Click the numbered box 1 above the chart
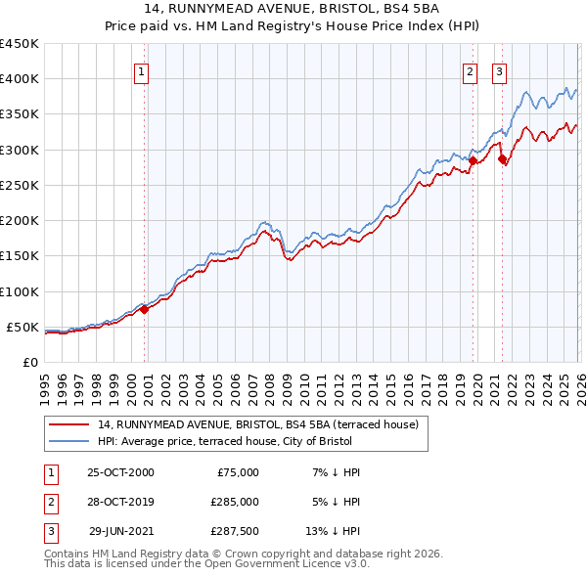142,70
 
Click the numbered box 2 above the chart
471,70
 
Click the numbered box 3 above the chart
499,70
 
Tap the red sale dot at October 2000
144,309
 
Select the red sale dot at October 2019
473,160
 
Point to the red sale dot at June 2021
502,158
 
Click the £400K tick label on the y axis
20,79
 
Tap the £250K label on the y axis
20,185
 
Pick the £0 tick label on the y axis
30,362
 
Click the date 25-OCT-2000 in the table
120,472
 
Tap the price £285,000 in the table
235,502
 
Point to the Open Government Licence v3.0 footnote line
206,564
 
